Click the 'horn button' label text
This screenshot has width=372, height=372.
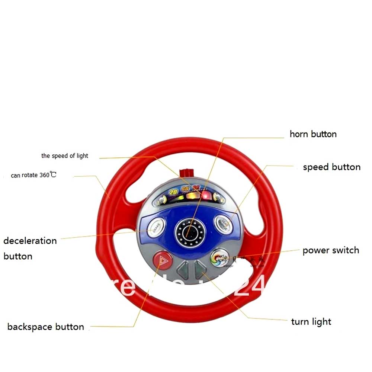point(313,134)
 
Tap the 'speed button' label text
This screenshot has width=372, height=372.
point(331,167)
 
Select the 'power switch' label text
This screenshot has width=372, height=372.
point(331,250)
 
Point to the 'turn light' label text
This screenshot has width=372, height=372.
point(311,322)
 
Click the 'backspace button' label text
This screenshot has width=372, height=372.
point(46,327)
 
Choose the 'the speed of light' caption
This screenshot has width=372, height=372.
point(65,156)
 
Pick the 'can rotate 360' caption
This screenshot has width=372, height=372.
point(33,175)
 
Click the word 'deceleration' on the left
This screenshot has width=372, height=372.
point(30,241)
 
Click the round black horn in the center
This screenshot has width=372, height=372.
point(190,233)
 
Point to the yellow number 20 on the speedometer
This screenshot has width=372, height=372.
point(173,192)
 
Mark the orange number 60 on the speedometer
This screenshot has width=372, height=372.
point(185,189)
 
